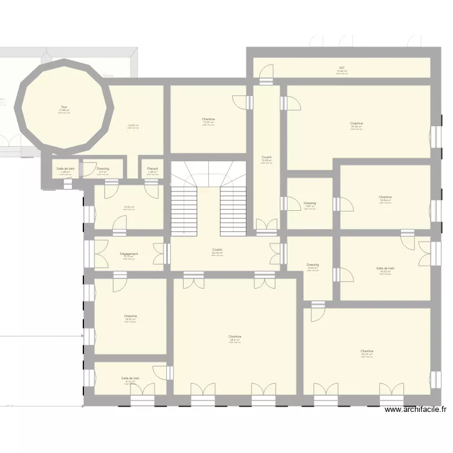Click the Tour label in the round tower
[x=64, y=107]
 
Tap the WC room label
[x=342, y=68]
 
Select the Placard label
[x=152, y=169]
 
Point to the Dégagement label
[x=129, y=254]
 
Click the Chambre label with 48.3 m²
[x=235, y=336]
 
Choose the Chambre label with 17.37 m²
[x=208, y=119]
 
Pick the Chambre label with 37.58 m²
[x=356, y=123]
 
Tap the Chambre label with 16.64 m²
[x=385, y=197]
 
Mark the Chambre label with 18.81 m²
[x=130, y=316]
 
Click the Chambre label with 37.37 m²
[x=367, y=351]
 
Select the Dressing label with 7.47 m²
[x=310, y=203]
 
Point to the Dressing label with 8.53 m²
[x=312, y=265]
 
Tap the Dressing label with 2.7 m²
[x=103, y=169]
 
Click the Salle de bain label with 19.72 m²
[x=385, y=268]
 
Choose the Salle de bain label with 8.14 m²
[x=130, y=378]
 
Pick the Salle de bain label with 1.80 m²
[x=65, y=169]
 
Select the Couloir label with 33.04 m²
[x=217, y=249]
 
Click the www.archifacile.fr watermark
[x=416, y=409]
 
